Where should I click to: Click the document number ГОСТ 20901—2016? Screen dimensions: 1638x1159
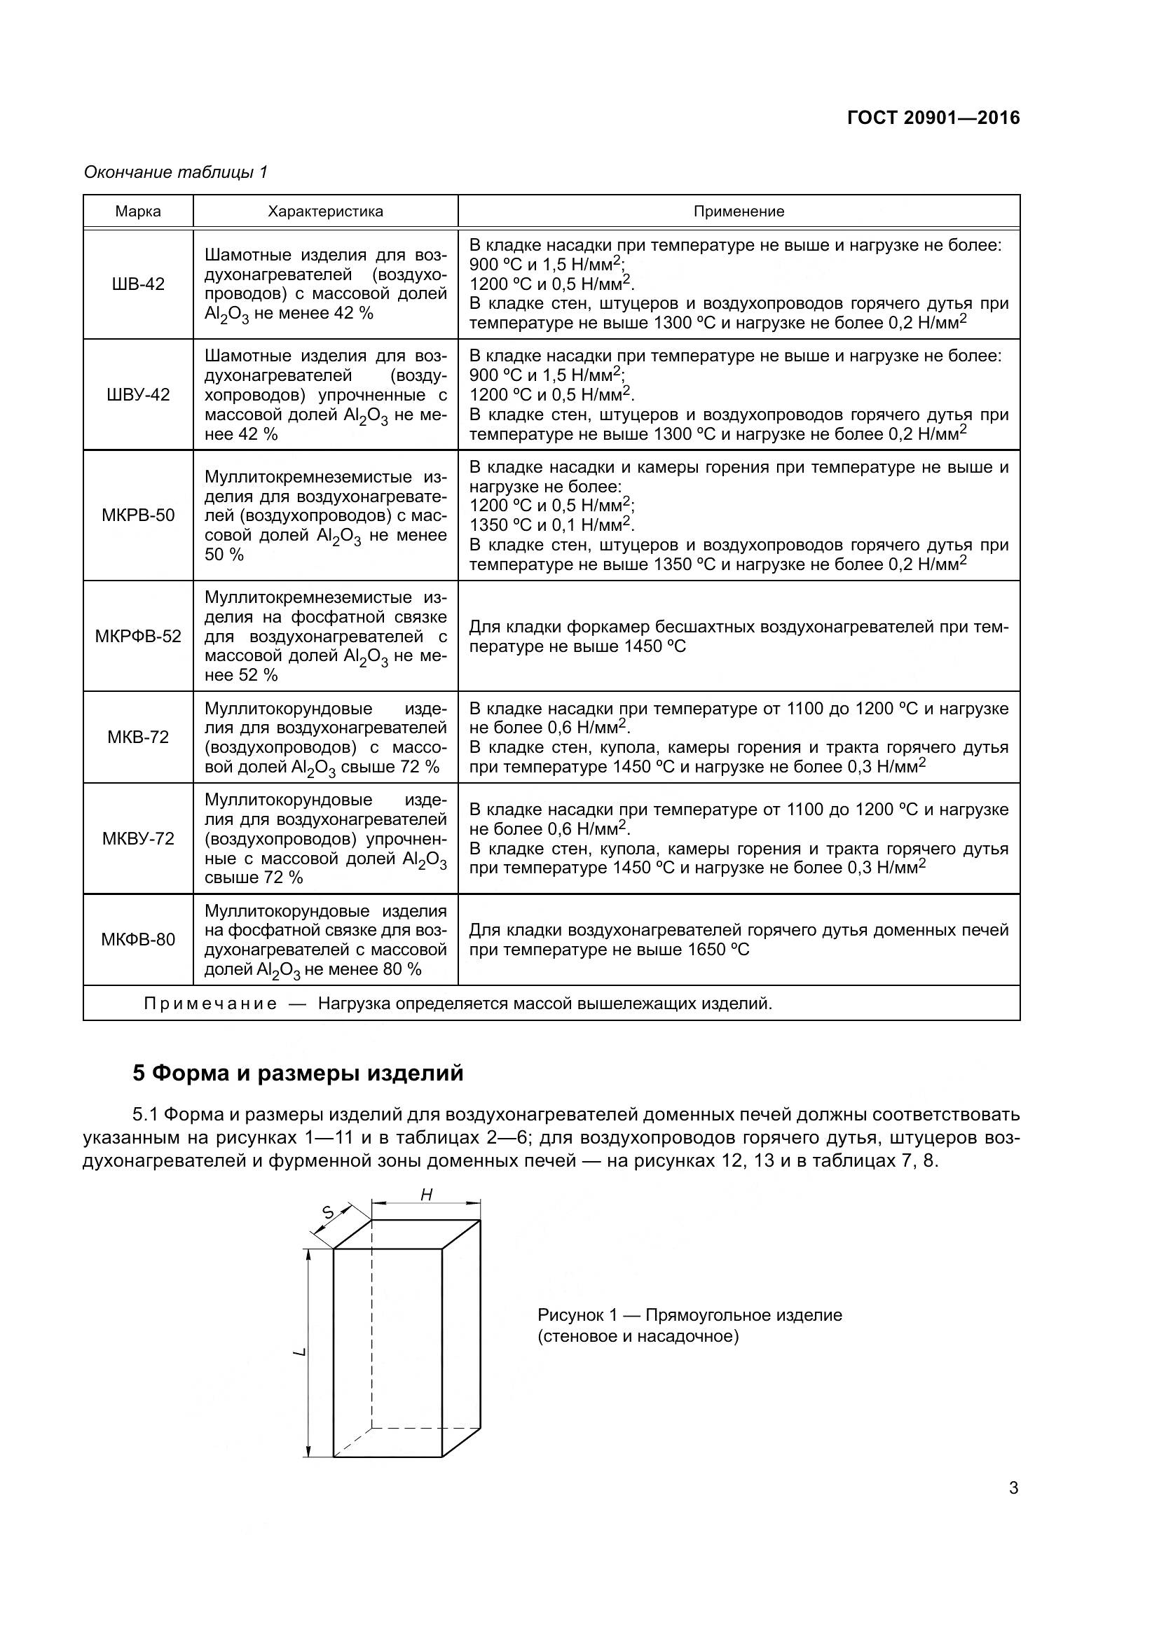(933, 118)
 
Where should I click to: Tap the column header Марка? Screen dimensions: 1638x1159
(138, 211)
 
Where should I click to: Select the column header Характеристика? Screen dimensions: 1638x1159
(325, 211)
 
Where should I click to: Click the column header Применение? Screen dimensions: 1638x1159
(739, 211)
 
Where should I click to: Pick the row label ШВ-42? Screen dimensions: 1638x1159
(138, 284)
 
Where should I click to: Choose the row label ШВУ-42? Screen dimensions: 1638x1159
(138, 394)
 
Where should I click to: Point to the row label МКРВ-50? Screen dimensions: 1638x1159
(138, 515)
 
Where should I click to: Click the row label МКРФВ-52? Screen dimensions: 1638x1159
(138, 636)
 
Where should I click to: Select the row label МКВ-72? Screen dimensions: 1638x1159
(138, 737)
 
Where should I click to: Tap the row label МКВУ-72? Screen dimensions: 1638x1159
(138, 838)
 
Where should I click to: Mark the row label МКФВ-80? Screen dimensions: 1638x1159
(138, 940)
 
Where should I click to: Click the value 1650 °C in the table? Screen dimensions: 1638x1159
(718, 950)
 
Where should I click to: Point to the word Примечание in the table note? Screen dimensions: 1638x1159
(210, 1004)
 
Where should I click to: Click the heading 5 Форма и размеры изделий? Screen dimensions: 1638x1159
(298, 1073)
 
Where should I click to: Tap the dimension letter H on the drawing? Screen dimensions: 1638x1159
(426, 1195)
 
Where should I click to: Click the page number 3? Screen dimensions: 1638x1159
(1013, 1488)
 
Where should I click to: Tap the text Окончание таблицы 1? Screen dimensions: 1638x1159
(176, 172)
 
